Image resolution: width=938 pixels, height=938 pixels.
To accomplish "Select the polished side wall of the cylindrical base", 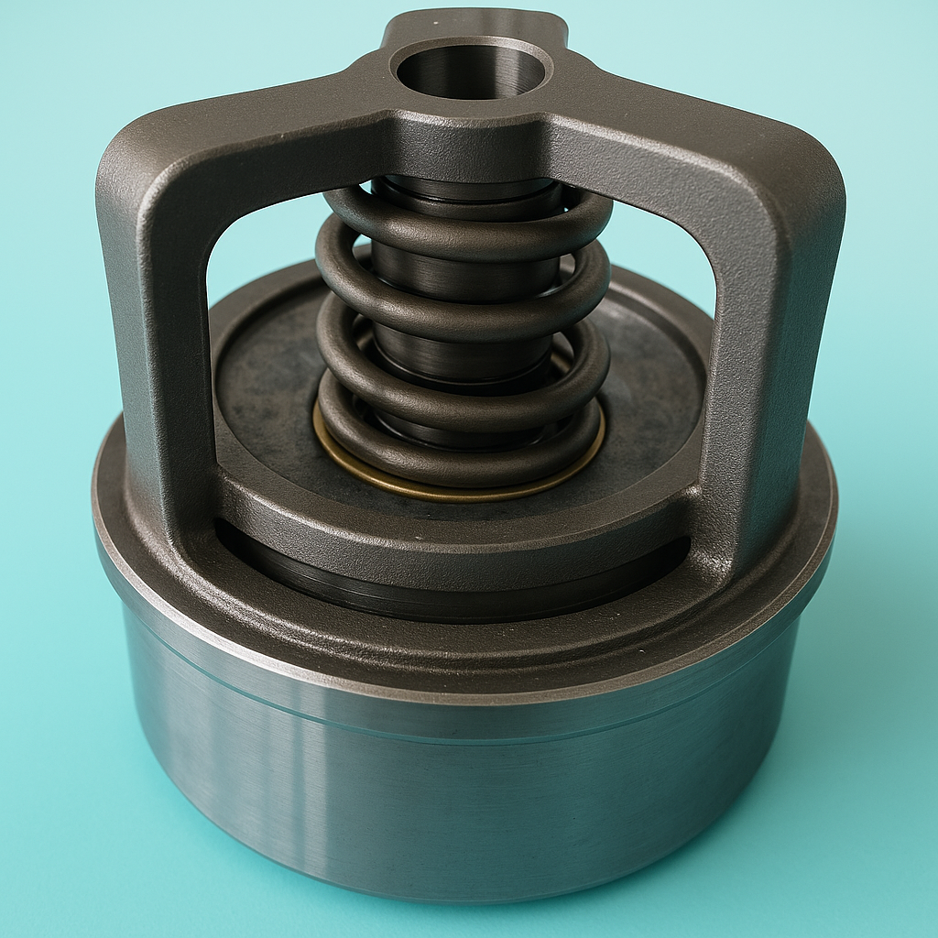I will (x=458, y=806).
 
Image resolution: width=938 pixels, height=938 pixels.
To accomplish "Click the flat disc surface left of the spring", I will (x=266, y=385).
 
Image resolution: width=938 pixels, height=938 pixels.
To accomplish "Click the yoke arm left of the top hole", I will (x=275, y=119).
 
